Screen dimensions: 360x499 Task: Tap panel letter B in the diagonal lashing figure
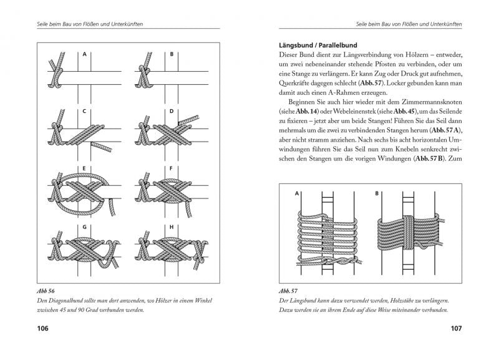click(172, 54)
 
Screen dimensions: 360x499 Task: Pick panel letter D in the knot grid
click(172, 112)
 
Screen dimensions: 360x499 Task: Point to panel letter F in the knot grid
click(172, 168)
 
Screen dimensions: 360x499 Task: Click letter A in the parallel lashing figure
click(297, 194)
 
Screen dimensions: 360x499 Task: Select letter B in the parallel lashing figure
click(377, 194)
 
